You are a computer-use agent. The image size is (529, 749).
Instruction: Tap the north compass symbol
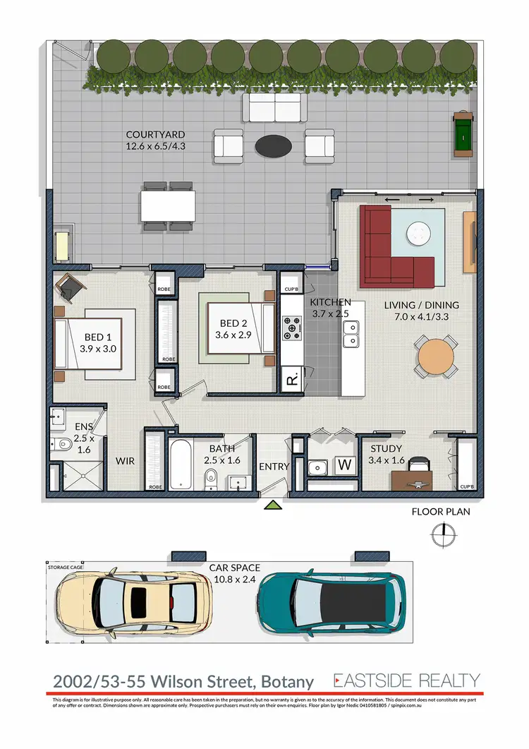point(442,535)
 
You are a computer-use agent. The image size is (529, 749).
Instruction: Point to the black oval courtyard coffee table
point(273,146)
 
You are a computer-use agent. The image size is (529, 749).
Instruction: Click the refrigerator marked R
point(291,380)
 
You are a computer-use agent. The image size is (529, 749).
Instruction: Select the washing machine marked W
point(345,466)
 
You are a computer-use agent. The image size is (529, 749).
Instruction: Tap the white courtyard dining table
point(168,207)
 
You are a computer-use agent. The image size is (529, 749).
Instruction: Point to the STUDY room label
point(386,449)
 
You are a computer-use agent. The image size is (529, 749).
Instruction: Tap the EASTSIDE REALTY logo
point(407,681)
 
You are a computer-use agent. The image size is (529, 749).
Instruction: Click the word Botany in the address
point(287,682)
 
